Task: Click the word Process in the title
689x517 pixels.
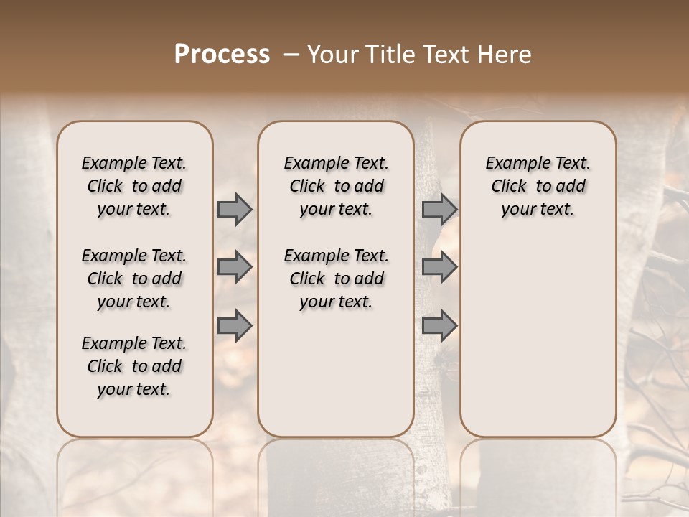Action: coord(222,55)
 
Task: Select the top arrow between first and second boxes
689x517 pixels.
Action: coord(235,210)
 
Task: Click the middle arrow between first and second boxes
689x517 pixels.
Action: coord(235,268)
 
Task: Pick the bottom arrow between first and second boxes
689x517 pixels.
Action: coord(235,325)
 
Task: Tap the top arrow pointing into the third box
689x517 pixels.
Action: coord(439,210)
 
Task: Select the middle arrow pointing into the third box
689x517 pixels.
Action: coord(439,268)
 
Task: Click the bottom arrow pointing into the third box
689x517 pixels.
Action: coord(439,325)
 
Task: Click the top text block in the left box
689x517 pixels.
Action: coord(134,186)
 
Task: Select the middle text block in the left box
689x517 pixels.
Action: coord(134,279)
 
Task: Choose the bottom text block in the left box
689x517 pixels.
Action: coord(134,366)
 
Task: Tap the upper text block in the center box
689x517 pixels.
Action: coord(336,186)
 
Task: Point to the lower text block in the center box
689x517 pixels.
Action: coord(336,279)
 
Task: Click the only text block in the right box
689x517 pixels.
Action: coord(538,186)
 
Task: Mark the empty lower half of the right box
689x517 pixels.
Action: coord(538,337)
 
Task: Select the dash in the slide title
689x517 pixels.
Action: coord(291,55)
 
